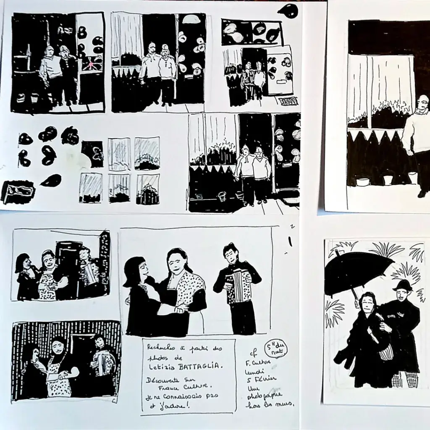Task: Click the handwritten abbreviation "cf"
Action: pyautogui.click(x=253, y=354)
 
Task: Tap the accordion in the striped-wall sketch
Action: pyautogui.click(x=101, y=362)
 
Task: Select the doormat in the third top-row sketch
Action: pyautogui.click(x=288, y=101)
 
